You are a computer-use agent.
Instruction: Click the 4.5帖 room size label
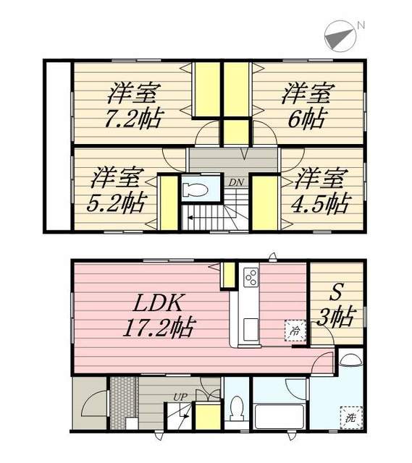(322, 202)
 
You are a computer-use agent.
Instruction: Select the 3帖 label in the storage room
(336, 317)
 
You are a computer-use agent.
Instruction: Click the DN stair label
(235, 182)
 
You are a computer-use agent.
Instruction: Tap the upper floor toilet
(197, 190)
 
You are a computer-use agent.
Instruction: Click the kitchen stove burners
(251, 277)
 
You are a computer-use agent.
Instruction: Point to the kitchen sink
(248, 330)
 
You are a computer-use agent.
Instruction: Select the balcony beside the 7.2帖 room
(58, 145)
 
